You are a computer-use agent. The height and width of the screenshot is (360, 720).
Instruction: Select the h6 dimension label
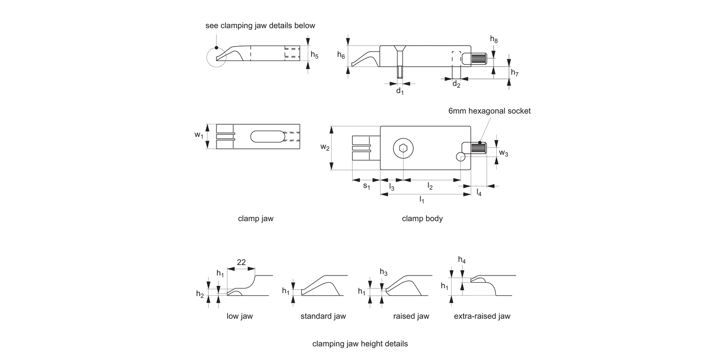point(341,56)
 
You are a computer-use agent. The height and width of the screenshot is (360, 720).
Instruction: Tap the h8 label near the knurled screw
point(493,40)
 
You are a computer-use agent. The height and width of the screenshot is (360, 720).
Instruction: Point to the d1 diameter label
point(399,91)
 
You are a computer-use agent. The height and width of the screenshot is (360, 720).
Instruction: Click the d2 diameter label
point(456,85)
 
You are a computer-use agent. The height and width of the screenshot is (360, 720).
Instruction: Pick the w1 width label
point(199,136)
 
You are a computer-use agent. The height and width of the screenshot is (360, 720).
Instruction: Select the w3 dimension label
point(504,153)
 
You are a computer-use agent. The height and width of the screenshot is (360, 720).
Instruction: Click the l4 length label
point(479,193)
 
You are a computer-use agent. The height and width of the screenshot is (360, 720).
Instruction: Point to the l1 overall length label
point(421,199)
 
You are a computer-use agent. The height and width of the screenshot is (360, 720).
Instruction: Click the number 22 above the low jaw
point(241,262)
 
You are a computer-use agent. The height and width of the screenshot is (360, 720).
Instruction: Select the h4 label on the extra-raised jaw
point(462,260)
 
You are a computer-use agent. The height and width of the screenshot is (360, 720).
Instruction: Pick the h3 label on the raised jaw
point(383,273)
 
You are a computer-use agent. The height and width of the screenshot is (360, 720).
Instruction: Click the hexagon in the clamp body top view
point(403,148)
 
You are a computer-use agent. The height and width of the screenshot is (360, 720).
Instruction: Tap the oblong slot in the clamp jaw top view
point(267,136)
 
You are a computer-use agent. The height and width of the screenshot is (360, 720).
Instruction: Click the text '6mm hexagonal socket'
point(490,111)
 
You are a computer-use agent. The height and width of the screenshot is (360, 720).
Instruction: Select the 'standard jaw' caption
point(323,316)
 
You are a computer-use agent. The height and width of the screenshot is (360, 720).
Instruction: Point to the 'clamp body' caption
point(422,219)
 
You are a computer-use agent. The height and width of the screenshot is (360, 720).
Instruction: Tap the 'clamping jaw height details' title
point(360,344)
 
